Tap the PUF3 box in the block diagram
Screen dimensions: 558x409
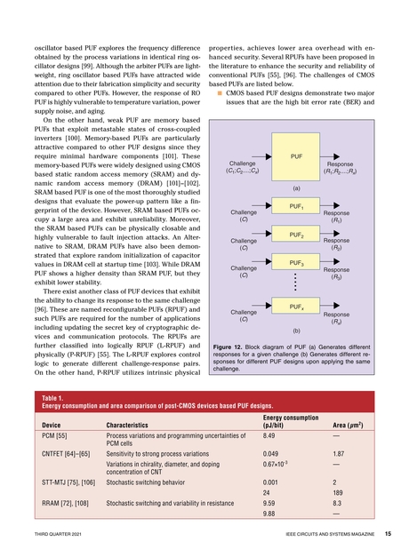[x=299, y=264]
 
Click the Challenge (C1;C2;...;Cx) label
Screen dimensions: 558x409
[x=243, y=168]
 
